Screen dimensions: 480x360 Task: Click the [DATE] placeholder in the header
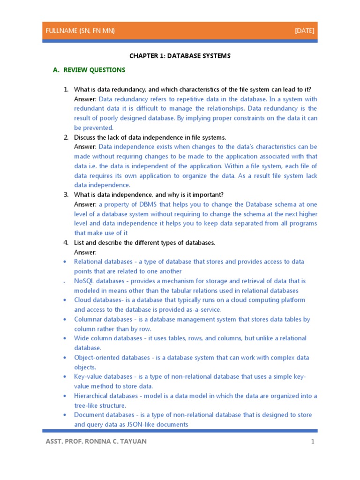pos(305,31)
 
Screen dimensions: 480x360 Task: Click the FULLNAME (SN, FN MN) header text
pos(80,31)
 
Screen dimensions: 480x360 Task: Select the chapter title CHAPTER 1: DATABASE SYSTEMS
pos(180,56)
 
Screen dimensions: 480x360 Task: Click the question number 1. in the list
pos(66,90)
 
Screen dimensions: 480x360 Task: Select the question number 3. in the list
pos(66,195)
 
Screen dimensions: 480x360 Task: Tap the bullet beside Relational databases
pos(65,262)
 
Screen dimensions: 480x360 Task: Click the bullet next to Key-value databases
pos(65,377)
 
